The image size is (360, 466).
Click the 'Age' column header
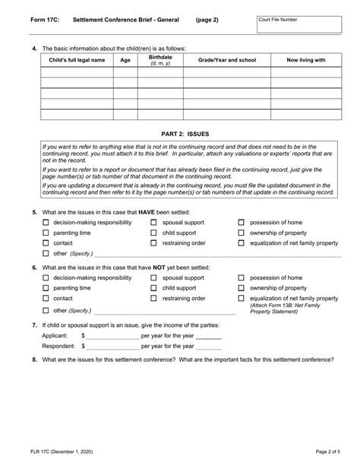[x=125, y=59]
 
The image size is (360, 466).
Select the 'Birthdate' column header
[x=160, y=59]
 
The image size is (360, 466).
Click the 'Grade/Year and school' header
[x=226, y=59]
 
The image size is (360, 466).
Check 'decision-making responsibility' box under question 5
[x=46, y=223]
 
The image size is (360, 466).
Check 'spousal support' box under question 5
[x=154, y=223]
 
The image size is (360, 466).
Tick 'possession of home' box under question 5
[x=242, y=223]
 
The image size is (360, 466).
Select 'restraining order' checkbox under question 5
[x=154, y=243]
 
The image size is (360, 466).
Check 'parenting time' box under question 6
[x=46, y=289]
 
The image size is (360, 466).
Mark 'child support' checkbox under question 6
[x=154, y=289]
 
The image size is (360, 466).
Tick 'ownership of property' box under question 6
[x=242, y=289]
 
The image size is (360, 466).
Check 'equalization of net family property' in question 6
[x=242, y=299]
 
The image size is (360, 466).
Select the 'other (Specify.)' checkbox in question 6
[x=46, y=310]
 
